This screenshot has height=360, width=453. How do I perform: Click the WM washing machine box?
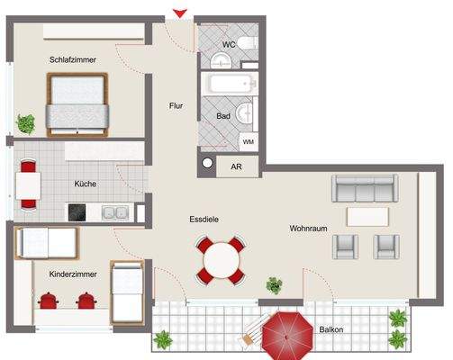tap(248, 141)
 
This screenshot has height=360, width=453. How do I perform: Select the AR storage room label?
tap(236, 166)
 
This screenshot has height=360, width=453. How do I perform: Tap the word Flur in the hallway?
tap(177, 106)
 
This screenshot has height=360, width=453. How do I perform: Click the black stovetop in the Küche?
tap(78, 212)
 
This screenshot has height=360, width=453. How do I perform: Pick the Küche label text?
tap(86, 184)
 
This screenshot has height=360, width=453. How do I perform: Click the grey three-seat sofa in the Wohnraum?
tap(365, 188)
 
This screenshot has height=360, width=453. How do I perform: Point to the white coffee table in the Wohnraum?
tap(367, 217)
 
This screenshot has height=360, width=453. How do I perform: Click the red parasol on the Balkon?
tap(285, 332)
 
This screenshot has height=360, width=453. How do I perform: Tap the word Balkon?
tap(331, 330)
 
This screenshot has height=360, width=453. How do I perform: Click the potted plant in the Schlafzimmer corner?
tap(25, 122)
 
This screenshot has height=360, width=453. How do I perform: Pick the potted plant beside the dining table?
tap(274, 286)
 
